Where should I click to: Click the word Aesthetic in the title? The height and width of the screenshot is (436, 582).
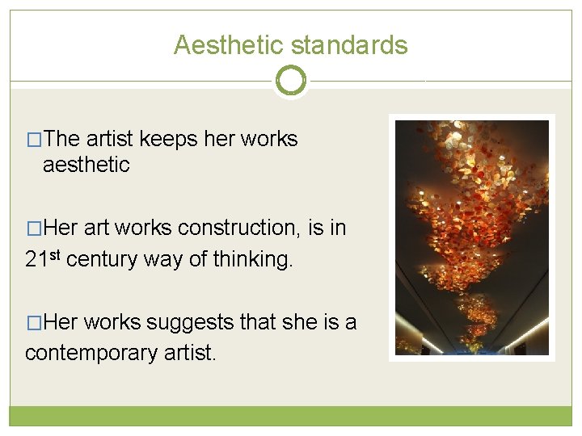coord(229,45)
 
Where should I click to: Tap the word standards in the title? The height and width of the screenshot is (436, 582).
coord(349,45)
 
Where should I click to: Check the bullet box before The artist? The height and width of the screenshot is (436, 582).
coord(34,140)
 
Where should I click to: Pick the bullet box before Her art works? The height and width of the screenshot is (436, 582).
coord(34,228)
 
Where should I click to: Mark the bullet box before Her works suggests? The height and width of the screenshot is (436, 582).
coord(34,322)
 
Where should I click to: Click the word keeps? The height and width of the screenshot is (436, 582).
coord(168,140)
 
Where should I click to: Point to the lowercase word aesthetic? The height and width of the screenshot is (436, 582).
coord(86,165)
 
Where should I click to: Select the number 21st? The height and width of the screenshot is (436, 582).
coord(42,258)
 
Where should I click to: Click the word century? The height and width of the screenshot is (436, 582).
coord(102,259)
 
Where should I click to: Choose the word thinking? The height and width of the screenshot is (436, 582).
coord(253,259)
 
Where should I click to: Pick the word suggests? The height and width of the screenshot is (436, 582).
coord(190,323)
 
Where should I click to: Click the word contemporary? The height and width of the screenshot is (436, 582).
coord(91,354)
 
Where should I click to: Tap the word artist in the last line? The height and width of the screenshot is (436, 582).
coord(190,352)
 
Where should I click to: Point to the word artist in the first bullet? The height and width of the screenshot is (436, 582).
coord(109,139)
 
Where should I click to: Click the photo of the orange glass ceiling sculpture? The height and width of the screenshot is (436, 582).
coord(472,237)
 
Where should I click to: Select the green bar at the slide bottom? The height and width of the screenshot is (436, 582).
coord(291,416)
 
